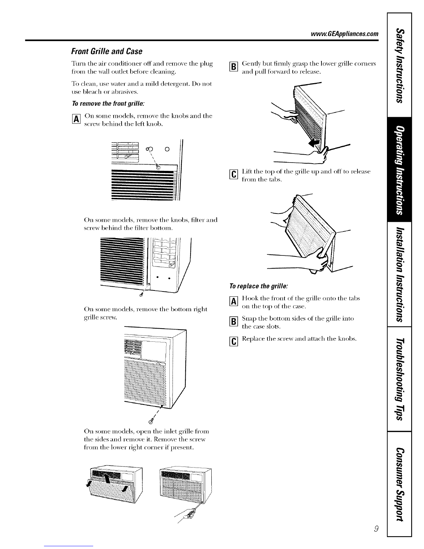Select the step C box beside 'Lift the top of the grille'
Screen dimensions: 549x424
point(234,174)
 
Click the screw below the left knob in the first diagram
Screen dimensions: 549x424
point(158,167)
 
